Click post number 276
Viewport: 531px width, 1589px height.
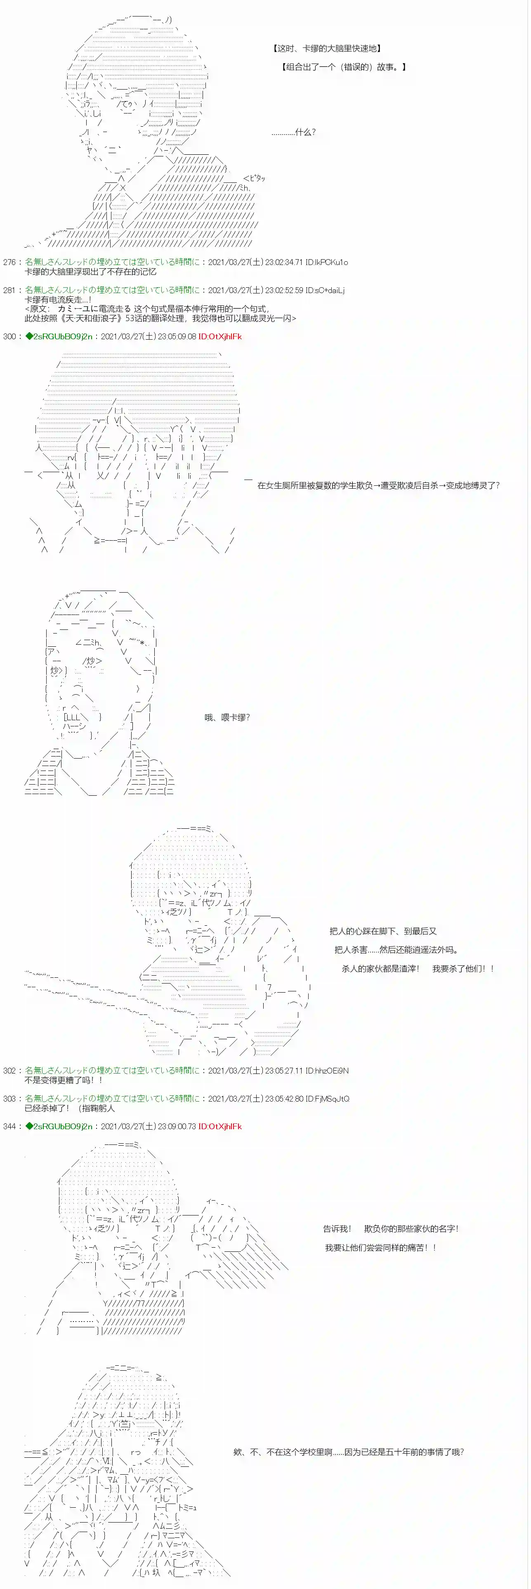[9, 262]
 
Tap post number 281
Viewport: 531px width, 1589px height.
[9, 290]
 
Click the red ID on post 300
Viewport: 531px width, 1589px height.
[220, 336]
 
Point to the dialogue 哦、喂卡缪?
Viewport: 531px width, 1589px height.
[227, 717]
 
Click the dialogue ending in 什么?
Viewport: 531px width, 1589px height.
[294, 132]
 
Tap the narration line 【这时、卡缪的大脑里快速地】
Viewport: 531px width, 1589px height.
[327, 48]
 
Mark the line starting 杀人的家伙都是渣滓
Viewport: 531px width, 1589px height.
[418, 969]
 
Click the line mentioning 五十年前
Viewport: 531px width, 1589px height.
[349, 1452]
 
